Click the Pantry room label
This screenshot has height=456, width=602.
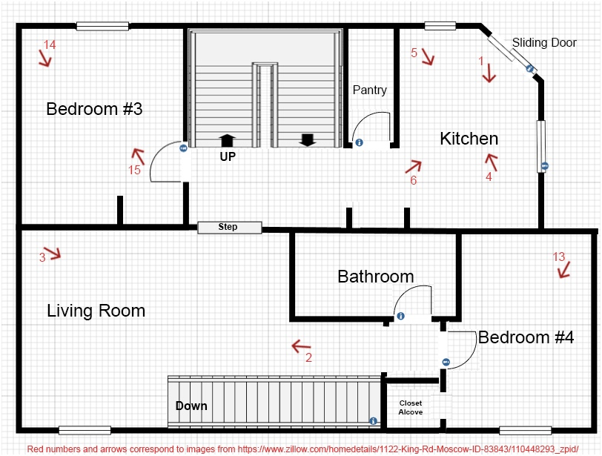[x=370, y=90]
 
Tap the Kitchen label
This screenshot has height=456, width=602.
[x=469, y=139]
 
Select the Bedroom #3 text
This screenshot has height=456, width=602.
[x=94, y=109]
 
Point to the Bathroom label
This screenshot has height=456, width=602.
[x=375, y=277]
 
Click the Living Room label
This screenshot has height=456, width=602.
[x=96, y=311]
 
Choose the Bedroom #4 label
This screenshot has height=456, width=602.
[x=526, y=337]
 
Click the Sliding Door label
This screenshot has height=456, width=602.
[x=544, y=42]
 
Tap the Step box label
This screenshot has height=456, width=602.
[x=228, y=227]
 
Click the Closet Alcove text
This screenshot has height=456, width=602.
[x=411, y=408]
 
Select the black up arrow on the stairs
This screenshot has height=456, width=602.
[x=228, y=140]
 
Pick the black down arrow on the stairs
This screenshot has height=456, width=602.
[x=308, y=140]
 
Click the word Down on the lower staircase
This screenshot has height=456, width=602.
[x=191, y=406]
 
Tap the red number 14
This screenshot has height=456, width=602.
[x=50, y=45]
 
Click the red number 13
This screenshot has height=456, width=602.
[x=559, y=257]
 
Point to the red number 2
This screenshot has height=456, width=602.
[x=308, y=357]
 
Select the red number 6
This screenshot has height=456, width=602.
[x=414, y=180]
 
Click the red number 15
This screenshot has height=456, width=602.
[x=134, y=170]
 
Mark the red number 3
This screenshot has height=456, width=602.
[x=42, y=257]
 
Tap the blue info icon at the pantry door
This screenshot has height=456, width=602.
[x=359, y=142]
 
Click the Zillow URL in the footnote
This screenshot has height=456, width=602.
[x=408, y=449]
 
